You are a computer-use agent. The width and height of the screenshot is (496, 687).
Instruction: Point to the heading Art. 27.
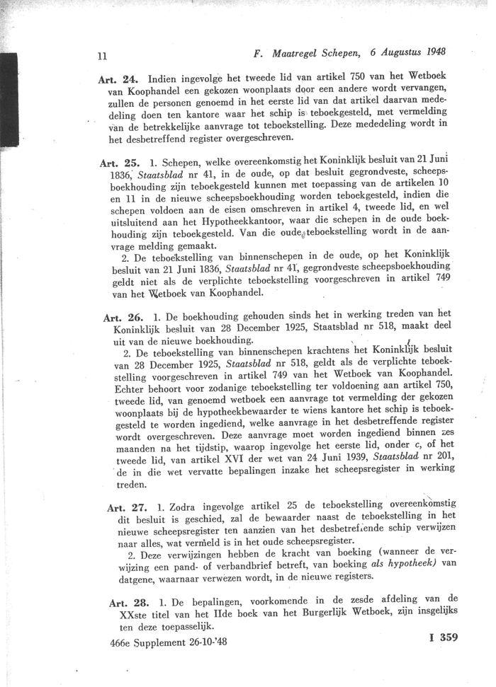[x=127, y=507]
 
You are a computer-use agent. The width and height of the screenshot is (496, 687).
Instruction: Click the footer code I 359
[x=444, y=637]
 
